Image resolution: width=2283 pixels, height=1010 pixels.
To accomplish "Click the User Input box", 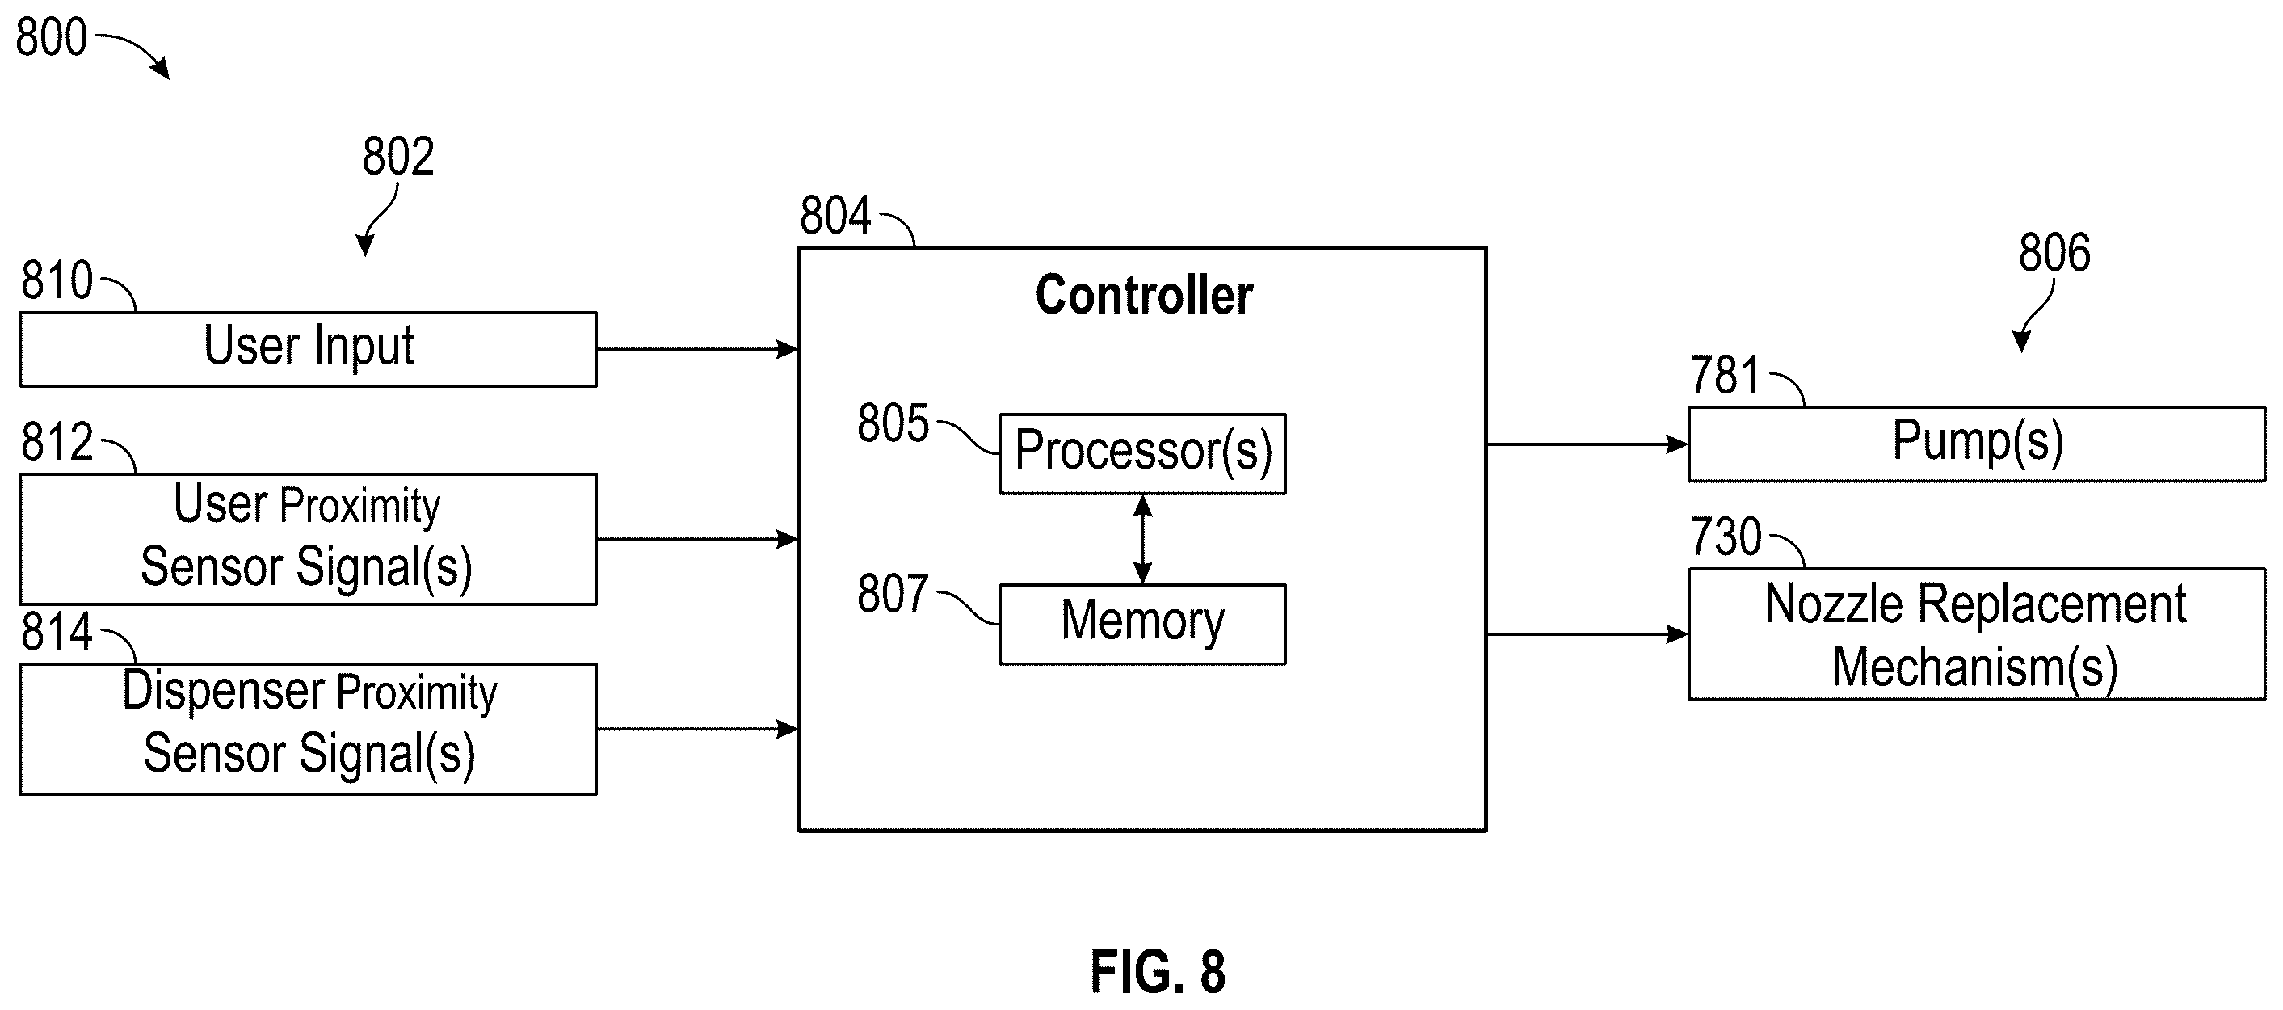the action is pyautogui.click(x=309, y=349).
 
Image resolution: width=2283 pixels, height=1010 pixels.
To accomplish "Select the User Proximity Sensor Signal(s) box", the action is pyautogui.click(x=309, y=539).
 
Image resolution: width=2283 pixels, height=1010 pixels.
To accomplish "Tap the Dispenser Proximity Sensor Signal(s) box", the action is pyautogui.click(x=309, y=729).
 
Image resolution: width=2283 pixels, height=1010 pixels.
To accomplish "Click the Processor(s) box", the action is pyautogui.click(x=1142, y=453).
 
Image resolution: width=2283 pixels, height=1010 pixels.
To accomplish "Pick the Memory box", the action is pyautogui.click(x=1142, y=625).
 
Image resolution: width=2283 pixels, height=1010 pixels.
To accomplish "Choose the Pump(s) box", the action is pyautogui.click(x=1976, y=444).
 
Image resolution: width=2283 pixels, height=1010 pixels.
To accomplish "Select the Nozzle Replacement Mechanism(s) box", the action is pyautogui.click(x=1976, y=634).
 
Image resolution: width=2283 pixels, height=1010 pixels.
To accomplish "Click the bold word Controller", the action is pyautogui.click(x=1144, y=295).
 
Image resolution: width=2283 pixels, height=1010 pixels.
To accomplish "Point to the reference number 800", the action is pyautogui.click(x=52, y=37).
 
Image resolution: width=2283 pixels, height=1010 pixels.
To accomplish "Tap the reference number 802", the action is pyautogui.click(x=398, y=156).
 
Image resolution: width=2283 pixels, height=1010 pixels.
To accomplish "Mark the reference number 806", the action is pyautogui.click(x=2054, y=252).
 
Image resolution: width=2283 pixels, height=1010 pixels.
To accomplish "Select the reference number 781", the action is pyautogui.click(x=1725, y=375).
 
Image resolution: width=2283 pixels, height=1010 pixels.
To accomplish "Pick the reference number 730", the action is pyautogui.click(x=1726, y=537).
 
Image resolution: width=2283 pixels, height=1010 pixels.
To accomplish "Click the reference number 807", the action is pyautogui.click(x=893, y=593).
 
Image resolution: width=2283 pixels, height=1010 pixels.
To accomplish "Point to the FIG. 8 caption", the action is pyautogui.click(x=1158, y=971).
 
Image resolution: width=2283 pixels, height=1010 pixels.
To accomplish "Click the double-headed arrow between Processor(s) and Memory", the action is pyautogui.click(x=1143, y=539).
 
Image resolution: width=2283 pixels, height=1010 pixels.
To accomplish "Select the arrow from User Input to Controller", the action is pyautogui.click(x=697, y=349).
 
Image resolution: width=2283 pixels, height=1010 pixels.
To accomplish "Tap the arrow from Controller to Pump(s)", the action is pyautogui.click(x=1587, y=444).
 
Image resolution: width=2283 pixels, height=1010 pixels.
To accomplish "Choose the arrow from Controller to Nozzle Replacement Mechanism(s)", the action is pyautogui.click(x=1587, y=634).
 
